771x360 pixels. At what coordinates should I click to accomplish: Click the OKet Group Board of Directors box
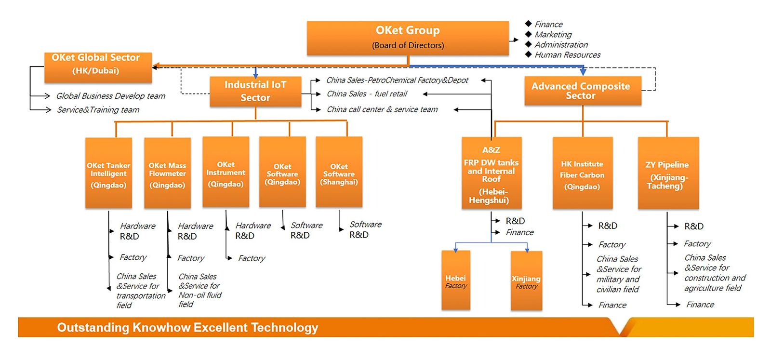pyautogui.click(x=408, y=38)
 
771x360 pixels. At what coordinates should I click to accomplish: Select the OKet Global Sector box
pyautogui.click(x=98, y=67)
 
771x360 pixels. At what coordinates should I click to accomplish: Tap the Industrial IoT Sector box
pyautogui.click(x=255, y=91)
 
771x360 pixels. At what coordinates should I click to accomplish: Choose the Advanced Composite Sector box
pyautogui.click(x=583, y=91)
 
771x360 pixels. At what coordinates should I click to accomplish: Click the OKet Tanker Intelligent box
pyautogui.click(x=108, y=173)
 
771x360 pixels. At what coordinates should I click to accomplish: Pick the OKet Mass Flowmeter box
pyautogui.click(x=167, y=173)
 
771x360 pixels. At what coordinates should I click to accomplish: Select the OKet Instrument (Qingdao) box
pyautogui.click(x=226, y=172)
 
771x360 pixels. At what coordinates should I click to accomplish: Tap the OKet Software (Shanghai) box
pyautogui.click(x=339, y=172)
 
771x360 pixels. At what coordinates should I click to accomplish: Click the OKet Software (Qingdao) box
pyautogui.click(x=282, y=172)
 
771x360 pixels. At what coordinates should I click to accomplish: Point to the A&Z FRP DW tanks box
pyautogui.click(x=492, y=173)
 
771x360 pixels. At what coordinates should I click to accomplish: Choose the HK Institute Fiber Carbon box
pyautogui.click(x=583, y=173)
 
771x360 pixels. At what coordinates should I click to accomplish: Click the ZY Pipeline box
pyautogui.click(x=668, y=173)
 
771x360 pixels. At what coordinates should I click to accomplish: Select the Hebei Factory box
pyautogui.click(x=456, y=280)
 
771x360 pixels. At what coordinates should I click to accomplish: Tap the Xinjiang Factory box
pyautogui.click(x=526, y=281)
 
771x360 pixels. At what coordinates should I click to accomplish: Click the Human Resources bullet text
pyautogui.click(x=567, y=55)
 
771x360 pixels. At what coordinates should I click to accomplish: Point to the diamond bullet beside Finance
pyautogui.click(x=528, y=24)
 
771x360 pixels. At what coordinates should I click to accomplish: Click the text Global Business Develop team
pyautogui.click(x=111, y=96)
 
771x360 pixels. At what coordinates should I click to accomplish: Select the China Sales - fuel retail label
pyautogui.click(x=367, y=93)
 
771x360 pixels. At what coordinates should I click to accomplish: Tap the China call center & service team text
pyautogui.click(x=382, y=109)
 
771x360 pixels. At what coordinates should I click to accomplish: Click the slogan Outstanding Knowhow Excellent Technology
pyautogui.click(x=187, y=327)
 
